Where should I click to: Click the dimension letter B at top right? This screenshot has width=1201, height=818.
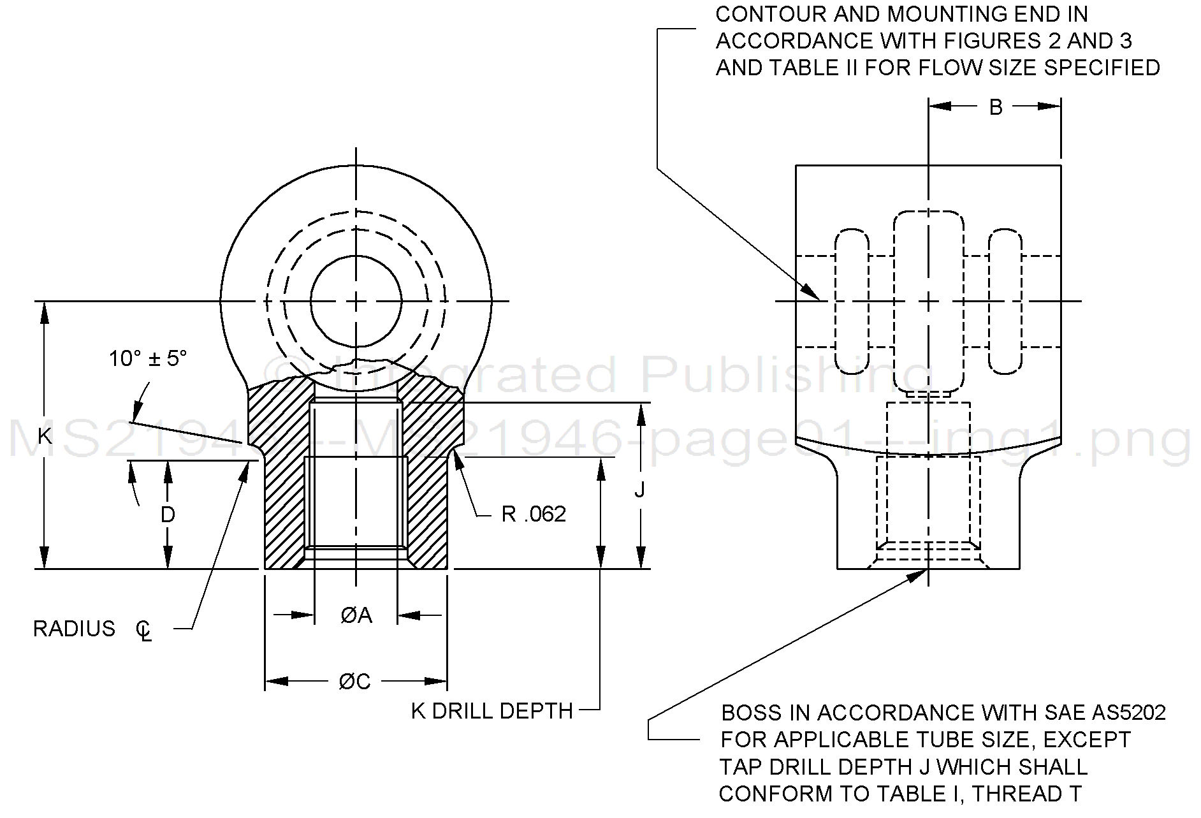[995, 107]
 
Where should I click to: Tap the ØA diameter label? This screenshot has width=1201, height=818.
[356, 615]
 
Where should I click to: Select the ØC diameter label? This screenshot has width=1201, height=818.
[355, 682]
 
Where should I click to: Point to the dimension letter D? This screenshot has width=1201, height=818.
[168, 515]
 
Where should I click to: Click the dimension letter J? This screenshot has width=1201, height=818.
[639, 490]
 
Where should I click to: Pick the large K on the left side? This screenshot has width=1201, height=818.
[44, 437]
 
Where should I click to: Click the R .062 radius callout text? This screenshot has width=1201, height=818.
[534, 514]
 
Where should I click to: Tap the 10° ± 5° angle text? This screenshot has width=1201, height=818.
[147, 358]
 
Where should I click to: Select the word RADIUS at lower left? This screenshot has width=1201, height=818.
[74, 629]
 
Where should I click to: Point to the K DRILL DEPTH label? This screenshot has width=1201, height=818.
[491, 711]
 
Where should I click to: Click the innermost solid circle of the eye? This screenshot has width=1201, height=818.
[356, 301]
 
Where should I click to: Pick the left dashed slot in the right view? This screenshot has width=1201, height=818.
[852, 302]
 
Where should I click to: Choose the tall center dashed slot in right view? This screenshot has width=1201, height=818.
[929, 301]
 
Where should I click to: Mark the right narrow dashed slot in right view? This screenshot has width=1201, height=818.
[1005, 302]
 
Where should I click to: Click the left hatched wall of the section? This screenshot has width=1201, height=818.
[286, 485]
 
